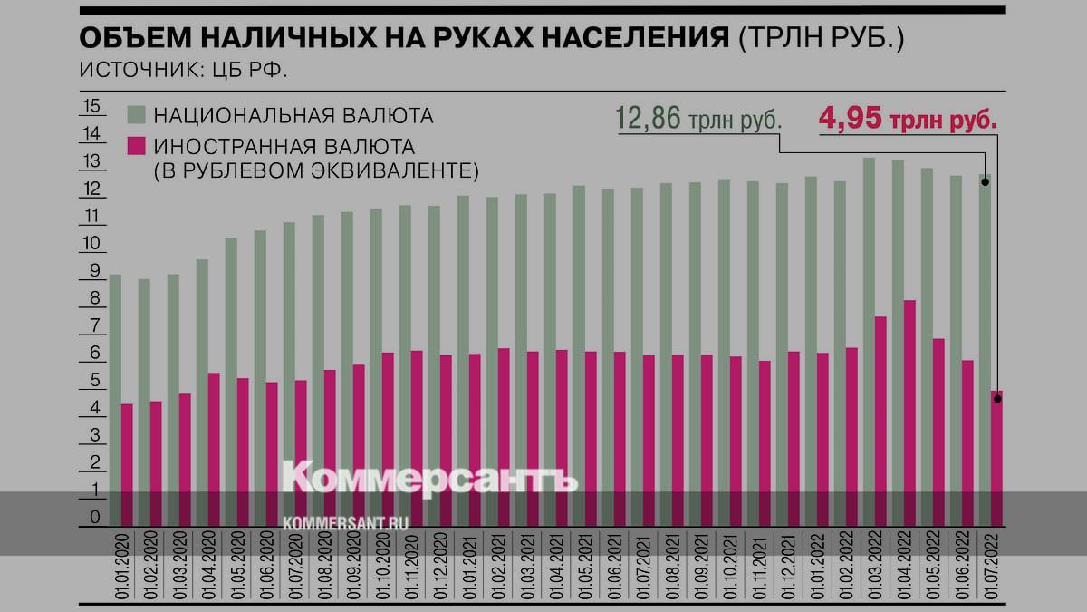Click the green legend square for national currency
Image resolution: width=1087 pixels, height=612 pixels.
coord(135,115)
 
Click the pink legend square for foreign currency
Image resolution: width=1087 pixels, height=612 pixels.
coord(135,145)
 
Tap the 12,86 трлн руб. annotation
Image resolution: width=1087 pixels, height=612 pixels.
coord(698,119)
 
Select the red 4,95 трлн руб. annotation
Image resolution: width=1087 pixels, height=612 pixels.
coord(908,119)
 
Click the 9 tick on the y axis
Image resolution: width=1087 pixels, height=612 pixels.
coord(93,271)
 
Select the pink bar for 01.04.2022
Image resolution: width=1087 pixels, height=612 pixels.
coord(909,413)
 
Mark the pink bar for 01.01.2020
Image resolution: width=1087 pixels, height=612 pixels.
coord(127,464)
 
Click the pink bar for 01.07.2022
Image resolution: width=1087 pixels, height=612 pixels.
coord(996,458)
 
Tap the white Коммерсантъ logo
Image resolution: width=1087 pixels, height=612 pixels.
coord(429,478)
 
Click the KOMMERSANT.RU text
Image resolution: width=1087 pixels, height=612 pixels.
coord(347,523)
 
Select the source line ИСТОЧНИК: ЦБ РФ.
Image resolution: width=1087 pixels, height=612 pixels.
coord(183,70)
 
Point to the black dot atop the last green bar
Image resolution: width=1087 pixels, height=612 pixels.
coord(985,181)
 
